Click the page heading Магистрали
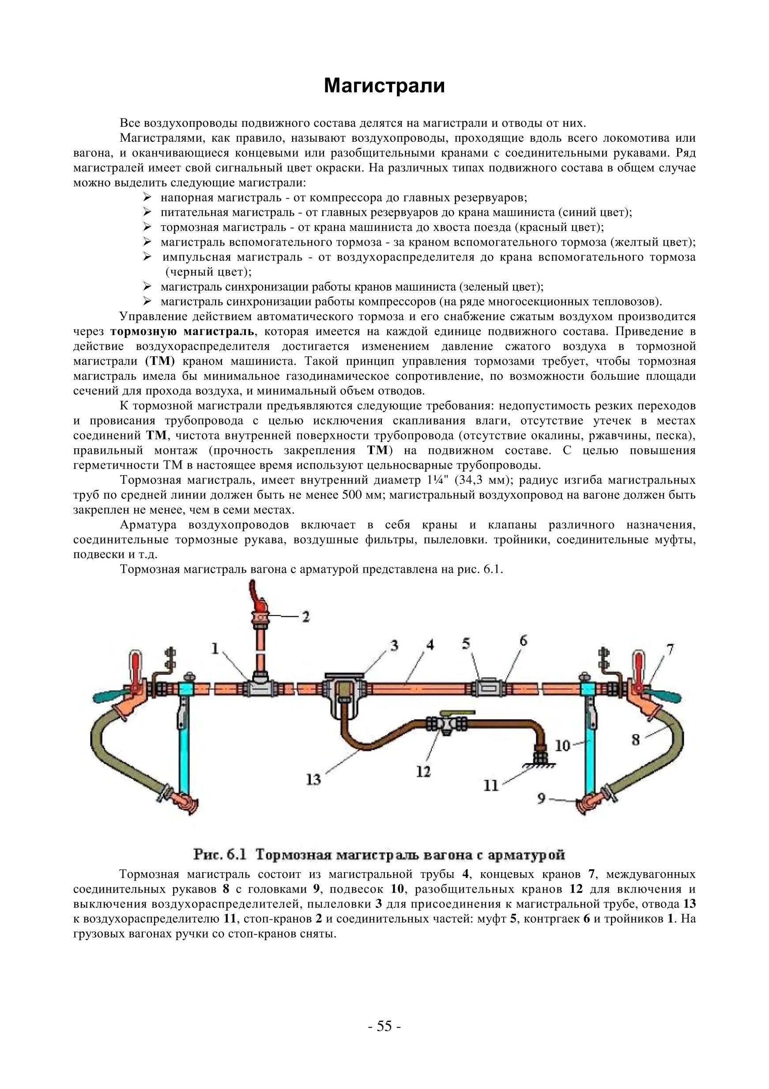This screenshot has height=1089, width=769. pyautogui.click(x=384, y=86)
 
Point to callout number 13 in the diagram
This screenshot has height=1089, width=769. pyautogui.click(x=313, y=779)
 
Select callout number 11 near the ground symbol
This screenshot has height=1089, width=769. pyautogui.click(x=491, y=786)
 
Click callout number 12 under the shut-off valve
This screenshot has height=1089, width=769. pyautogui.click(x=423, y=771)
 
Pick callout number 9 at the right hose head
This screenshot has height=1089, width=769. pyautogui.click(x=541, y=799)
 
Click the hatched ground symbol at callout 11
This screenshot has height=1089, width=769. pyautogui.click(x=539, y=764)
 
